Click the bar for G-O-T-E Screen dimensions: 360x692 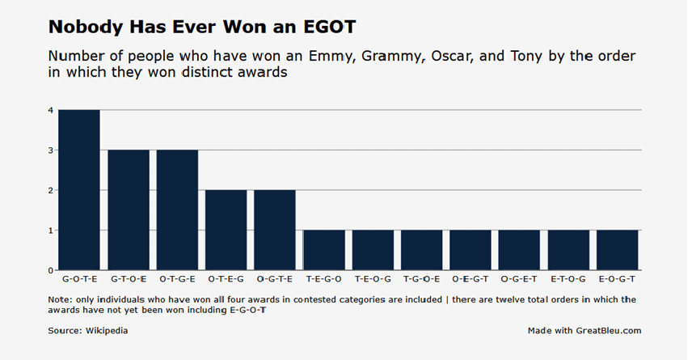pos(79,190)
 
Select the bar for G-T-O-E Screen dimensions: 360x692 pos(128,210)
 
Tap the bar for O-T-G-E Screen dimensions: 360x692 pos(177,210)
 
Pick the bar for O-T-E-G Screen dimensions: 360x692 pos(226,231)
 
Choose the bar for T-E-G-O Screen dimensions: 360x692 pos(323,250)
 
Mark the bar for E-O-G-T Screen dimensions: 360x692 pos(617,250)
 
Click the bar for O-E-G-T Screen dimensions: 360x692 pos(470,250)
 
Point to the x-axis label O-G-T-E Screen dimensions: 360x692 pos(275,279)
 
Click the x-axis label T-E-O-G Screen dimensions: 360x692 pos(373,279)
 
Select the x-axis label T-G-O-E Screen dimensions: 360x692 pos(421,279)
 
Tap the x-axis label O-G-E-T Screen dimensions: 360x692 pos(519,279)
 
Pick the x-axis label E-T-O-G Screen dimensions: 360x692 pos(568,279)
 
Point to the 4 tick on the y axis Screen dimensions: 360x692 pos(51,111)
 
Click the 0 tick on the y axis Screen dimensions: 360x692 pos(51,270)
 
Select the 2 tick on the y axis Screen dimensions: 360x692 pos(51,191)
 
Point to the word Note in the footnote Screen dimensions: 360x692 pos(60,300)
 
